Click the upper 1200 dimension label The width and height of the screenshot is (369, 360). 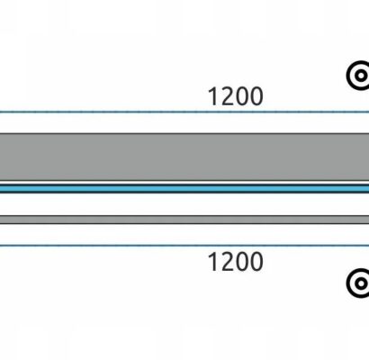point(236,96)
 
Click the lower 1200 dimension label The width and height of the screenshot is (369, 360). point(236,262)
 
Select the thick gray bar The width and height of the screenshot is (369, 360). point(184,157)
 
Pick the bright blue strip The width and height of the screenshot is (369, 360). point(184,189)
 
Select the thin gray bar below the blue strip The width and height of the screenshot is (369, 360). point(184,220)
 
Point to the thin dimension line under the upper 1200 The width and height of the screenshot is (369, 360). point(184,112)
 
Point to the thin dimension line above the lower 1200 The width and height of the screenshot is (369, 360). point(184,246)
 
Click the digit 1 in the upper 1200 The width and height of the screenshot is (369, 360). point(213,96)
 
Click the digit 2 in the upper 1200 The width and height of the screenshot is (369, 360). point(228,96)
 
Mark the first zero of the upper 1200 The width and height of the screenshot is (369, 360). point(242,96)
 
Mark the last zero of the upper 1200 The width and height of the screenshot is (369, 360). point(256,96)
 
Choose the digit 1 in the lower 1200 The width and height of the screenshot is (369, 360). point(213,262)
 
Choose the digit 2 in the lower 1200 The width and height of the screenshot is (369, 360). point(228,262)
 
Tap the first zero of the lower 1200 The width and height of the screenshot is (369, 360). point(242,262)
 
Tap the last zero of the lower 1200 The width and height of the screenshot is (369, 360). point(256,262)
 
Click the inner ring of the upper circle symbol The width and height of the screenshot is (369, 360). point(356,76)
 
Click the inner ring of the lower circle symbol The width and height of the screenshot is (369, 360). point(356,283)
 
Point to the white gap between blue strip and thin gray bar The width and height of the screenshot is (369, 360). point(184,204)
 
